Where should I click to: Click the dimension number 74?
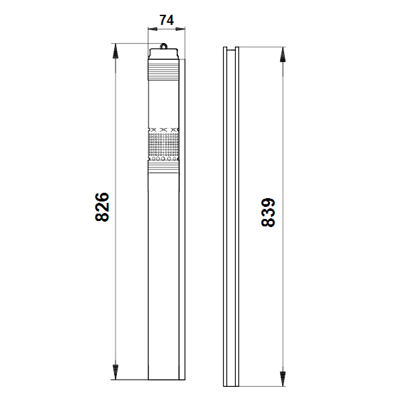click(167, 20)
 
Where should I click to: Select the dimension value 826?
click(102, 207)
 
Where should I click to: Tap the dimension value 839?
click(268, 212)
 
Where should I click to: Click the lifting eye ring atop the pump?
click(163, 46)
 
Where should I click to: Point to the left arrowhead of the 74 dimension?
click(152, 29)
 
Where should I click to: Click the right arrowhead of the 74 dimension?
click(181, 29)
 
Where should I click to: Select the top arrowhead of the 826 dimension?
click(116, 51)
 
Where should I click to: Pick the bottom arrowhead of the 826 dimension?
click(116, 372)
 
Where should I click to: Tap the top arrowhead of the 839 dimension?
click(283, 55)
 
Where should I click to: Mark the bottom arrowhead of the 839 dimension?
click(283, 379)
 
